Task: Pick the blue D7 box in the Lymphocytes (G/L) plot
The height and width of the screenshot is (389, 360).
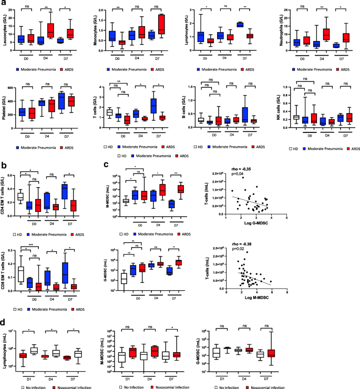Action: (240, 24)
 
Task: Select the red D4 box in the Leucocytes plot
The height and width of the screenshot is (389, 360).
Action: (50, 30)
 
